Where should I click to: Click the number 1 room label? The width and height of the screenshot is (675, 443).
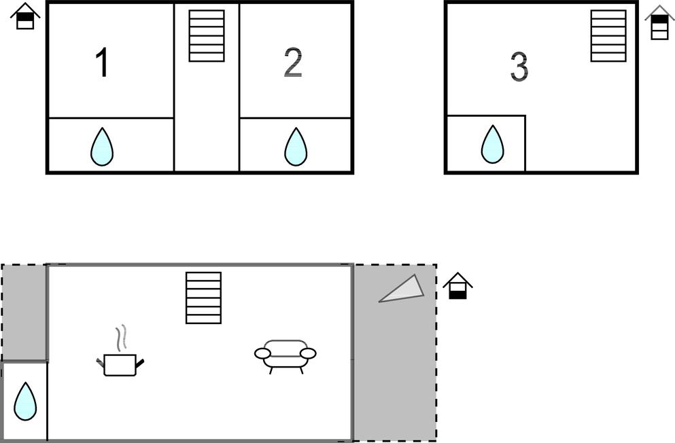(x=102, y=63)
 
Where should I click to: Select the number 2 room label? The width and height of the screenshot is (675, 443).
(x=293, y=63)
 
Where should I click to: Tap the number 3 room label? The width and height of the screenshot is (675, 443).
(x=519, y=67)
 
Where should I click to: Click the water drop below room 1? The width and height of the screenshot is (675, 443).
(x=102, y=147)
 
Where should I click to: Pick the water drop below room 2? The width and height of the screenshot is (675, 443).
(x=296, y=147)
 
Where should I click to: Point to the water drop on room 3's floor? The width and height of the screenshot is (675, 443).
(x=492, y=145)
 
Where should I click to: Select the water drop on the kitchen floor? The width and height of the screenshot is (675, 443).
(x=25, y=402)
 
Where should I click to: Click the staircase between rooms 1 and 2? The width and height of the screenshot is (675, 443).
(x=207, y=36)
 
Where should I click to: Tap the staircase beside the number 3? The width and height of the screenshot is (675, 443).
(x=608, y=36)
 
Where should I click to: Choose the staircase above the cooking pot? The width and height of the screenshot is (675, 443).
(x=204, y=298)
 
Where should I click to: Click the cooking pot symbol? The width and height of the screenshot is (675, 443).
(x=120, y=365)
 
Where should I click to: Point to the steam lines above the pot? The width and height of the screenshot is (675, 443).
(x=122, y=338)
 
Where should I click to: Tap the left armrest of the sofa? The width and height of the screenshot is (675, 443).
(x=262, y=353)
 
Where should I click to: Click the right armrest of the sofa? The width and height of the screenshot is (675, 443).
(x=308, y=353)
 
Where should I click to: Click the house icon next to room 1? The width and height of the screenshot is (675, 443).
(x=25, y=16)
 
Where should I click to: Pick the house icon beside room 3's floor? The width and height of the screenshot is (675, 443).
(x=659, y=23)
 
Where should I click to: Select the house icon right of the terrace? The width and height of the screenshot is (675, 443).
(x=458, y=285)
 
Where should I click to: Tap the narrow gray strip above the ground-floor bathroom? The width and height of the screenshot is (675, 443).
(x=24, y=313)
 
